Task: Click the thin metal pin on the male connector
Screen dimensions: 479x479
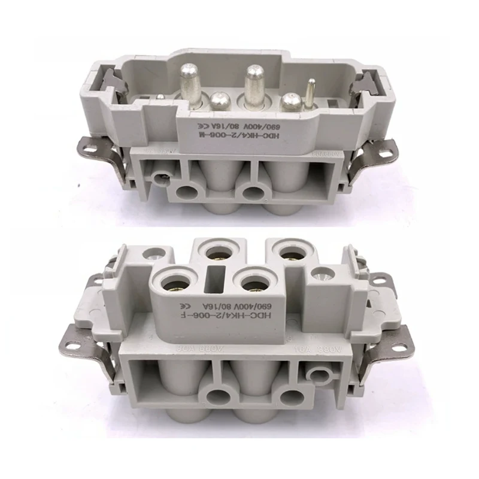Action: (310, 95)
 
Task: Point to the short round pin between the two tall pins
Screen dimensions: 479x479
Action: (217, 101)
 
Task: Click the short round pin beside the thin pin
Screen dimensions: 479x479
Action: (290, 101)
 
